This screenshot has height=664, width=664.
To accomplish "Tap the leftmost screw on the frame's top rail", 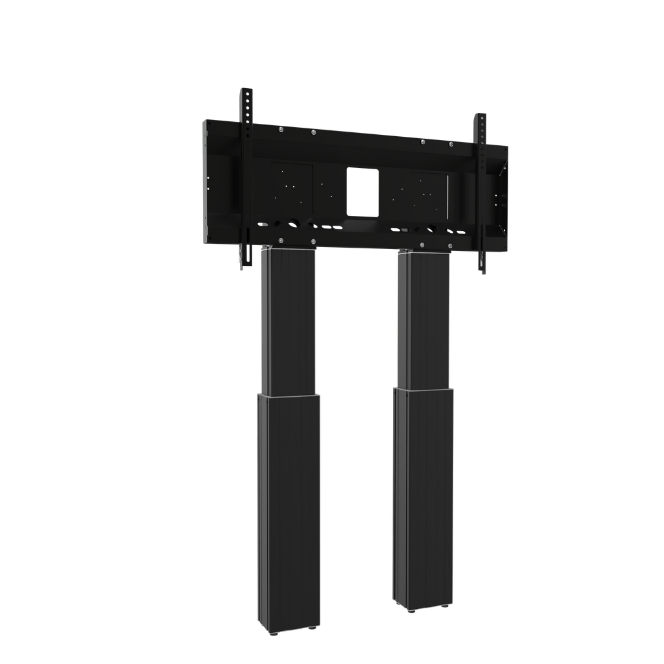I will [281, 129].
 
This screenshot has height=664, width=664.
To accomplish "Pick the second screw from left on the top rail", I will [313, 132].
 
